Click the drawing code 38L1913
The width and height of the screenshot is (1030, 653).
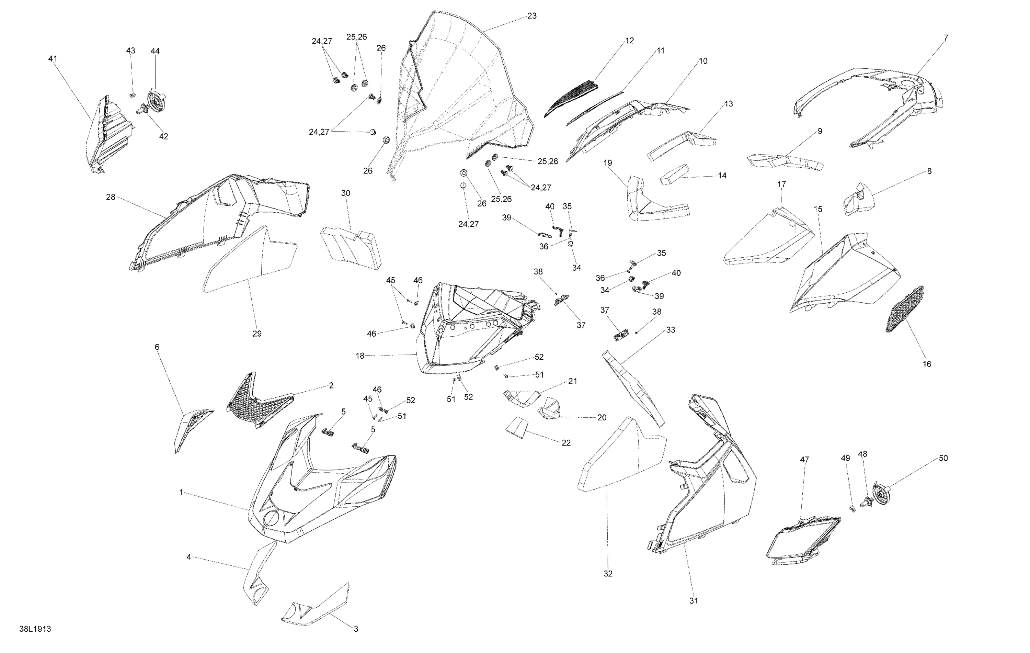35,629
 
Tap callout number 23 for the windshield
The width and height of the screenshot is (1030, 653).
532,16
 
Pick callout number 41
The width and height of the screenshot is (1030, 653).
53,59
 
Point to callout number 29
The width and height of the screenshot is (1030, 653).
257,333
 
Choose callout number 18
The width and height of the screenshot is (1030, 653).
360,356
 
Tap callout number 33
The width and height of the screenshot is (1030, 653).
670,330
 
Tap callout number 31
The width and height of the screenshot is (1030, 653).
694,600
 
